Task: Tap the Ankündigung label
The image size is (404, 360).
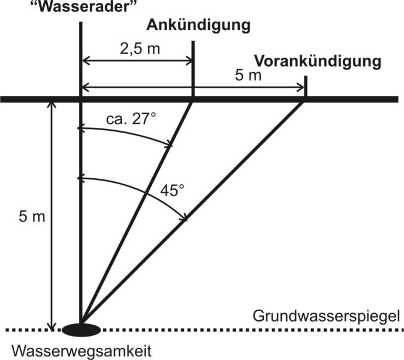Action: (198, 26)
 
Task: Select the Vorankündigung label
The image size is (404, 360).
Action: (318, 62)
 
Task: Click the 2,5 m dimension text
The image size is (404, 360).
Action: (140, 49)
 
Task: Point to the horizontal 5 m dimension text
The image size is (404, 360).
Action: (248, 76)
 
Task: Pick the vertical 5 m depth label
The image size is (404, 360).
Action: (32, 217)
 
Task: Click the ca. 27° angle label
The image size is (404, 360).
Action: (131, 119)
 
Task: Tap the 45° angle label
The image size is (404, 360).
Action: (173, 191)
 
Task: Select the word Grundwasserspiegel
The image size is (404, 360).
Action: (326, 316)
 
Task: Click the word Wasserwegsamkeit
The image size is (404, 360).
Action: (82, 351)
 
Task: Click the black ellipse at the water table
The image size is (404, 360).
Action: (81, 330)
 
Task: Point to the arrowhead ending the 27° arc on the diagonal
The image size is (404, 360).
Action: (169, 144)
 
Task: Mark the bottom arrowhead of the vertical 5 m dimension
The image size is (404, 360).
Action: (52, 326)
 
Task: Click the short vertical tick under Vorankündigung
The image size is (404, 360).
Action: (306, 86)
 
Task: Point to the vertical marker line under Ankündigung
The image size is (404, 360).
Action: (193, 68)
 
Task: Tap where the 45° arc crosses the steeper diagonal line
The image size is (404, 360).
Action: (146, 193)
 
